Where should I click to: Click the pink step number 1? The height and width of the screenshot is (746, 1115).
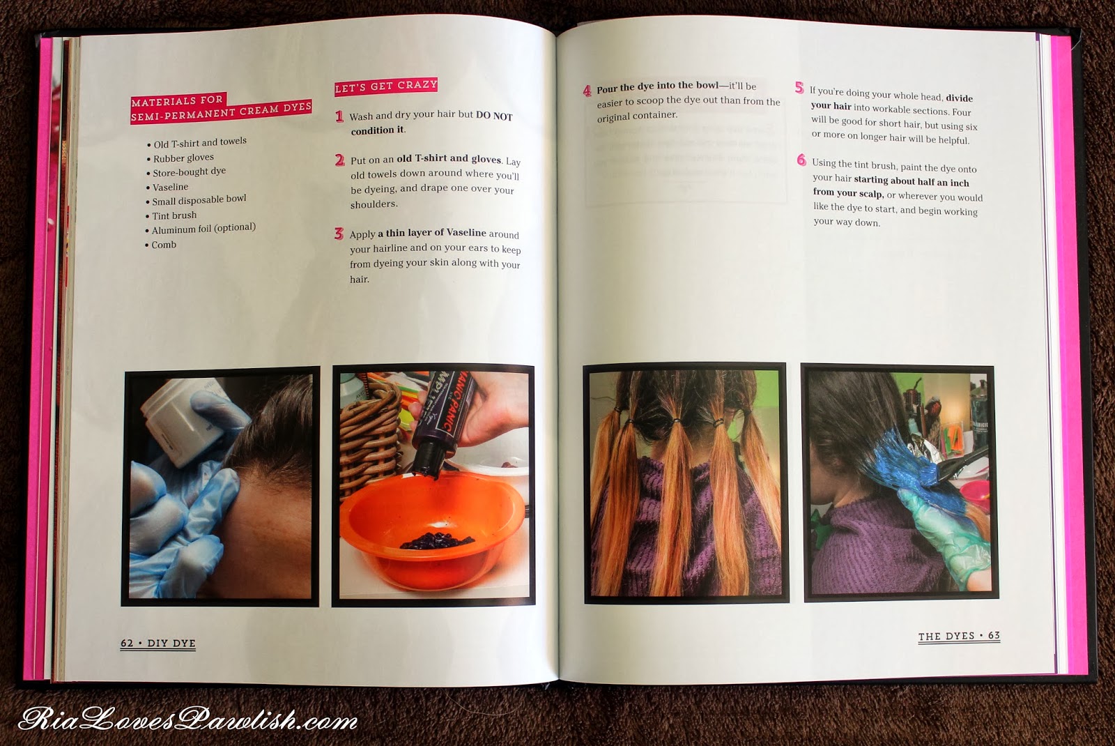339,116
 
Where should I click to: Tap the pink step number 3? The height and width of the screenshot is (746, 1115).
339,234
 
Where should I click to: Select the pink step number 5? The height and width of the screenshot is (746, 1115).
799,88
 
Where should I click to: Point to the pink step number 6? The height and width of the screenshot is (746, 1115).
801,160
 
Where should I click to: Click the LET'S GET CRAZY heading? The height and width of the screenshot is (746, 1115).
386,86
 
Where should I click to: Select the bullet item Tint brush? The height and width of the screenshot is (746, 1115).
171,215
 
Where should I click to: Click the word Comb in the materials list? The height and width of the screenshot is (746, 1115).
164,245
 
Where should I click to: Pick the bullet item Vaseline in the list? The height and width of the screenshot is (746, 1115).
167,188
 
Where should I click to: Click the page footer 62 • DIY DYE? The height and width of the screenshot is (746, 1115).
157,644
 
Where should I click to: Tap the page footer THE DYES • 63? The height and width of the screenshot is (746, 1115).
959,636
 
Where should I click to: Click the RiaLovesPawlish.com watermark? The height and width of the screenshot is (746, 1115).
187,720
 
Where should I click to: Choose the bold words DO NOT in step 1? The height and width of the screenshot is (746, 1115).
494,116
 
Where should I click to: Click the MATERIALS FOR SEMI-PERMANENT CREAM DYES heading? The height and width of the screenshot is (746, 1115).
221,107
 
